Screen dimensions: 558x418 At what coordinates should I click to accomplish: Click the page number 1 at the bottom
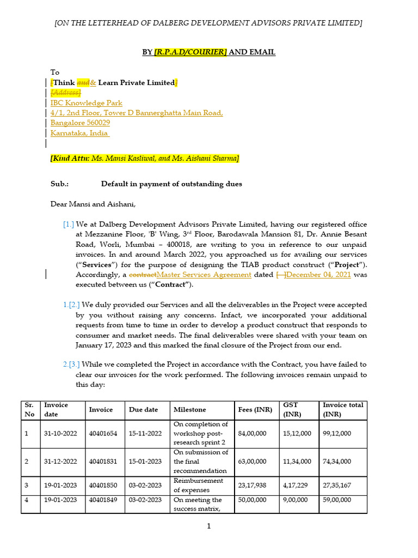pyautogui.click(x=209, y=526)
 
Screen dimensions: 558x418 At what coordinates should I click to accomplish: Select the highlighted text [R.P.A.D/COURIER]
pyautogui.click(x=190, y=52)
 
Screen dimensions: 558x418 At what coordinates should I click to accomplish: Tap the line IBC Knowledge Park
pyautogui.click(x=87, y=103)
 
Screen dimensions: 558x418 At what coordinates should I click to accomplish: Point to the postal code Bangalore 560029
pyautogui.click(x=80, y=123)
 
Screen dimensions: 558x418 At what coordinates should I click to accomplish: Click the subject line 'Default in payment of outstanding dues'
pyautogui.click(x=171, y=184)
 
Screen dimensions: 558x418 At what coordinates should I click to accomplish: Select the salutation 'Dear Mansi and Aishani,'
pyautogui.click(x=93, y=205)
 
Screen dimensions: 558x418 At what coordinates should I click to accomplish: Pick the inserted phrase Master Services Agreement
pyautogui.click(x=204, y=275)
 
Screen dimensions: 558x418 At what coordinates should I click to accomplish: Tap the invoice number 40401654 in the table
pyautogui.click(x=102, y=433)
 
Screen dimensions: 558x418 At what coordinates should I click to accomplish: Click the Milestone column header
pyautogui.click(x=190, y=410)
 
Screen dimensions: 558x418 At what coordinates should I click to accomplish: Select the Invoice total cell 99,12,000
pyautogui.click(x=337, y=433)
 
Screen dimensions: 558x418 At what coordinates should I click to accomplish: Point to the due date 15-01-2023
pyautogui.click(x=145, y=462)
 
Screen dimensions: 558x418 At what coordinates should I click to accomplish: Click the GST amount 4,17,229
pyautogui.click(x=297, y=485)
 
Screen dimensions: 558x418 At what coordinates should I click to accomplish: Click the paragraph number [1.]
pyautogui.click(x=69, y=225)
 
